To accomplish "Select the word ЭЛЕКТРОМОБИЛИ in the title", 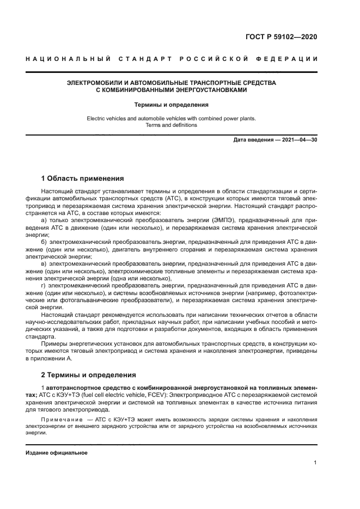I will [97, 83].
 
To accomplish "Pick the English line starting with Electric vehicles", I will [171, 118].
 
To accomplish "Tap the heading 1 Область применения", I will [82, 179].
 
